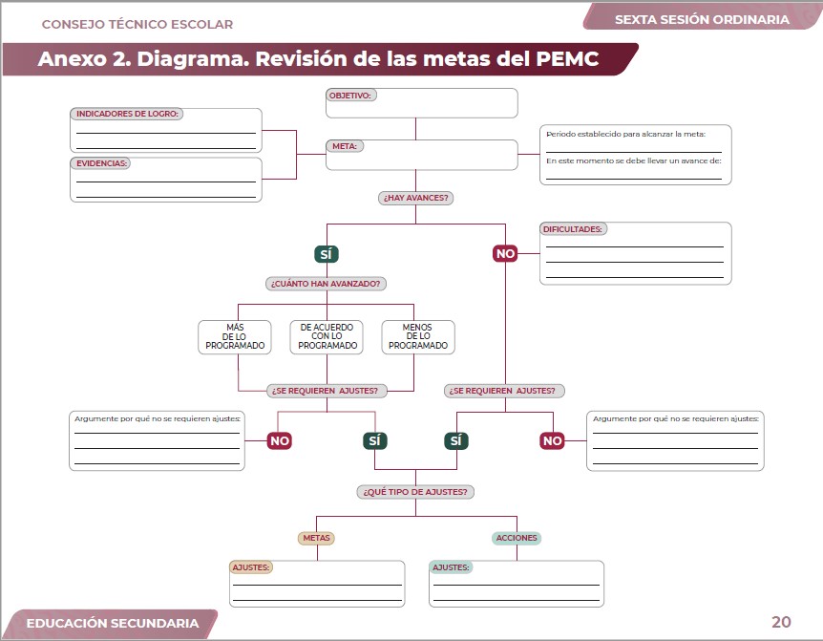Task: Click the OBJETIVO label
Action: pyautogui.click(x=350, y=96)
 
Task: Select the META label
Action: pyautogui.click(x=344, y=146)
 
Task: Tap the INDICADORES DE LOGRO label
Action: pyautogui.click(x=128, y=114)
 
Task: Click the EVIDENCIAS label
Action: pyautogui.click(x=101, y=163)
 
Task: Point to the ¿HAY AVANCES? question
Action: pyautogui.click(x=415, y=198)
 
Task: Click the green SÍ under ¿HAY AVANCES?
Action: pyautogui.click(x=327, y=254)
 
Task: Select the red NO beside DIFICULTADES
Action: pyautogui.click(x=505, y=254)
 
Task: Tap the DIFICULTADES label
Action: pyautogui.click(x=573, y=229)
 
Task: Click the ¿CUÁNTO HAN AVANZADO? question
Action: pyautogui.click(x=327, y=284)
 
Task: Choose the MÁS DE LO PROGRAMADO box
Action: pyautogui.click(x=235, y=336)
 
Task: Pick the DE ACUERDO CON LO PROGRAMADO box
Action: pyautogui.click(x=327, y=336)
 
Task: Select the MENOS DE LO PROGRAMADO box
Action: pyautogui.click(x=417, y=336)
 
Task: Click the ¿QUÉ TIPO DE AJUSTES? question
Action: pyautogui.click(x=415, y=492)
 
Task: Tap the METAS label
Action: pyautogui.click(x=316, y=538)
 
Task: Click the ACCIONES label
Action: pyautogui.click(x=517, y=538)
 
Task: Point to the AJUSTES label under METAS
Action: pyautogui.click(x=252, y=566)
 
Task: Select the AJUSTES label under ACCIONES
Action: pyautogui.click(x=452, y=566)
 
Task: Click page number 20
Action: pyautogui.click(x=781, y=622)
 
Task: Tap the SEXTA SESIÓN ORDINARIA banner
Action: pyautogui.click(x=702, y=19)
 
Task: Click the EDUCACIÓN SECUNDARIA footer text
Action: pyautogui.click(x=113, y=623)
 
